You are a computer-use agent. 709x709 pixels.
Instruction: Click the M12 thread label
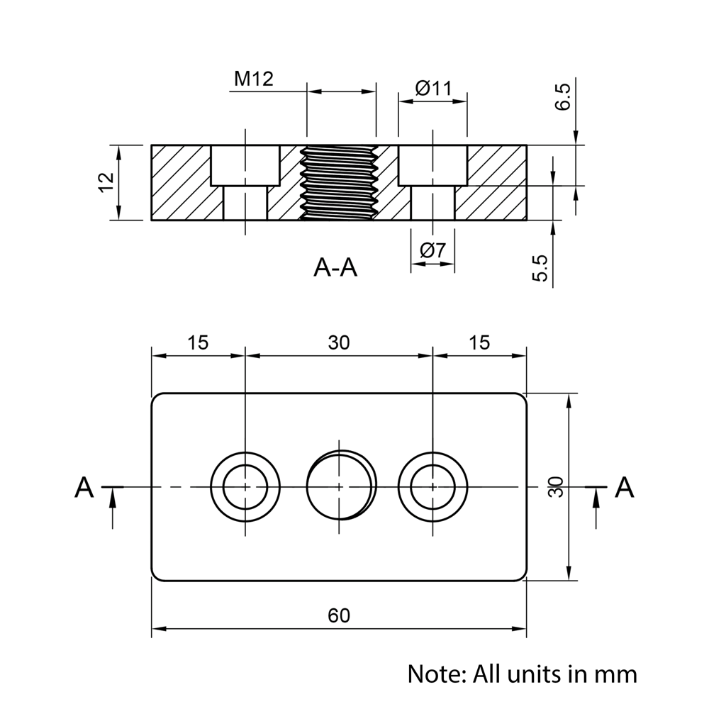pyautogui.click(x=254, y=79)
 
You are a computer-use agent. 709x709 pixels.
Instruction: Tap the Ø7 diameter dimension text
pyautogui.click(x=432, y=250)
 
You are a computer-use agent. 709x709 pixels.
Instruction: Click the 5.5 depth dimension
pyautogui.click(x=540, y=269)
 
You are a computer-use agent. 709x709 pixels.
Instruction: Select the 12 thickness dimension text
pyautogui.click(x=106, y=182)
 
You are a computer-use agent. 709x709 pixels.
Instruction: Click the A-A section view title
pyautogui.click(x=335, y=268)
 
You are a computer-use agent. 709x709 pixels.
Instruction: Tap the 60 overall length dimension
pyautogui.click(x=339, y=615)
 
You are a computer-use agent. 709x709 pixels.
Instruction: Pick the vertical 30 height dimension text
pyautogui.click(x=557, y=486)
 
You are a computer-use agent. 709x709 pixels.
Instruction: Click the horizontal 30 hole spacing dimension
pyautogui.click(x=339, y=342)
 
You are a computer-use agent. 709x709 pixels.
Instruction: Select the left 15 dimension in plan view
pyautogui.click(x=198, y=342)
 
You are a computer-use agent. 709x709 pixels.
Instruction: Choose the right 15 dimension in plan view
pyautogui.click(x=479, y=342)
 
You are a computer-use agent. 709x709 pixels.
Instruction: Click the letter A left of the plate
pyautogui.click(x=84, y=487)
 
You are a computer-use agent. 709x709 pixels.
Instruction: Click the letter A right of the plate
pyautogui.click(x=624, y=487)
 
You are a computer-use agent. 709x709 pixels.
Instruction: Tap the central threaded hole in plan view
pyautogui.click(x=341, y=486)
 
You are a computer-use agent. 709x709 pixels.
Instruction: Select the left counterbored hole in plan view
pyautogui.click(x=245, y=486)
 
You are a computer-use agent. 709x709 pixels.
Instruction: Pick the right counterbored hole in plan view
pyautogui.click(x=432, y=486)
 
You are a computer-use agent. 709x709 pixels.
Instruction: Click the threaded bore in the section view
pyautogui.click(x=341, y=183)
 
